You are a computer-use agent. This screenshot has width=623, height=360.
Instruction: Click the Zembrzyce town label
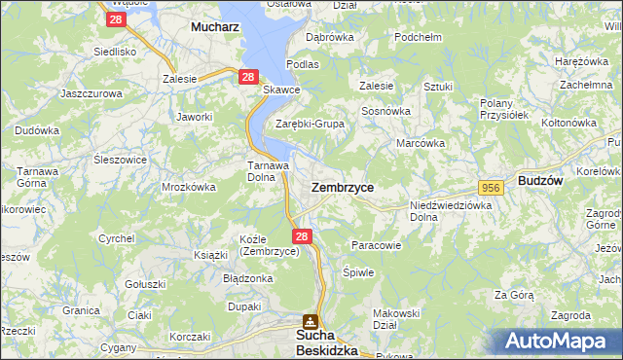point(342,186)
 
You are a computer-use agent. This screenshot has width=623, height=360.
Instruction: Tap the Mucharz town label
point(215,29)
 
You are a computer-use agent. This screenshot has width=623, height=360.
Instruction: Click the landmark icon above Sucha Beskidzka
point(310,320)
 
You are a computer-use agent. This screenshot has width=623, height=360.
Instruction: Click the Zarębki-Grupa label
point(311,125)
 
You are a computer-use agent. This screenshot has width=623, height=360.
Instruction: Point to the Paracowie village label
point(376,245)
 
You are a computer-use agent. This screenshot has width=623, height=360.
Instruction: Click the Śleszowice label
point(121,160)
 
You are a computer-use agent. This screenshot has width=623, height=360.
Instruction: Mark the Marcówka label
point(421,143)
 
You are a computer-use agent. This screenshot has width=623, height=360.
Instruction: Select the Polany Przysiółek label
point(503,108)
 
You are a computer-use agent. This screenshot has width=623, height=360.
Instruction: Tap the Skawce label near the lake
point(281,90)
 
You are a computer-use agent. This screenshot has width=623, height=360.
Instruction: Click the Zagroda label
point(570,315)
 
